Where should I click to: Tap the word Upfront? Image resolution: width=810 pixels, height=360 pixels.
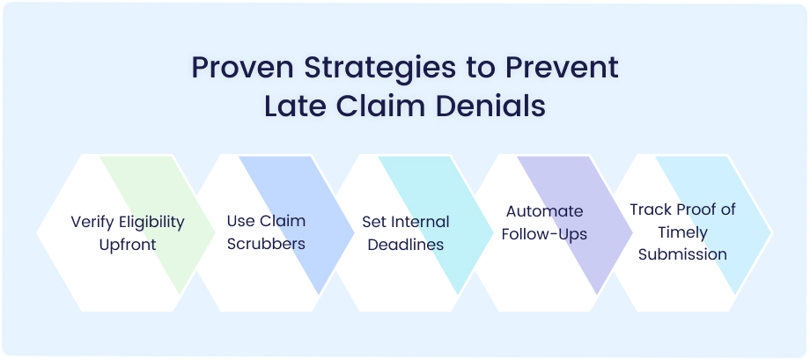128,245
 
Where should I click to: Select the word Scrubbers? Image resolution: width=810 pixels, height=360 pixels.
266,244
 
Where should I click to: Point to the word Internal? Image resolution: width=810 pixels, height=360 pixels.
421,222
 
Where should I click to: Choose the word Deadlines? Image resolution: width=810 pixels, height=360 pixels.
406,245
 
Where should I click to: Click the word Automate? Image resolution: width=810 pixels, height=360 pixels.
544,211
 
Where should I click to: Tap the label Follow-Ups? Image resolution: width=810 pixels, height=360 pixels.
544,234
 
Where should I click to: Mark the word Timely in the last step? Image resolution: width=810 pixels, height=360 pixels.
682,232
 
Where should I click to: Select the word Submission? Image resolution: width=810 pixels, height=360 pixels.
682,254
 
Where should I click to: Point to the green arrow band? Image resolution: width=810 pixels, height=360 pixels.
158,225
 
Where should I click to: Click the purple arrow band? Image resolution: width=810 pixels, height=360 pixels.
575,225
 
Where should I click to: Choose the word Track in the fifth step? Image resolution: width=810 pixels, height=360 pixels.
647,209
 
